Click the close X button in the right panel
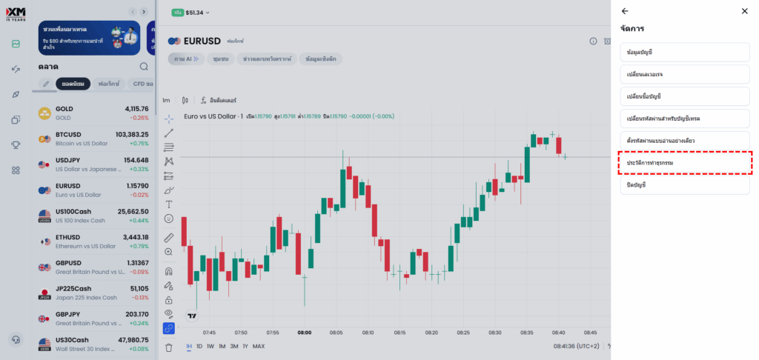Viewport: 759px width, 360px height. click(x=744, y=11)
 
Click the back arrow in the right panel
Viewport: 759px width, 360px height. click(x=625, y=11)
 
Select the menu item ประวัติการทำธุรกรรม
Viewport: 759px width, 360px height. click(x=685, y=162)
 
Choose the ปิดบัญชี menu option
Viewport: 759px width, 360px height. click(x=685, y=184)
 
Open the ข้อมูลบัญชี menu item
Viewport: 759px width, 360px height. click(x=685, y=52)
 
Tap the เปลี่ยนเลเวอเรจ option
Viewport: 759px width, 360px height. click(x=685, y=74)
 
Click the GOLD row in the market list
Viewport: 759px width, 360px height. click(x=93, y=113)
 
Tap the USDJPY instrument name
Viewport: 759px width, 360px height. click(x=69, y=160)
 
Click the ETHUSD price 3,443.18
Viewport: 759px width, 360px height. click(x=131, y=237)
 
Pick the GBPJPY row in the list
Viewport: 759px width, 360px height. click(x=93, y=319)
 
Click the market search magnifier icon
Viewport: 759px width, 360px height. click(x=143, y=67)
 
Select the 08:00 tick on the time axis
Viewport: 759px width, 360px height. click(x=304, y=333)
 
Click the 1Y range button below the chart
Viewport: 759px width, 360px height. click(x=245, y=347)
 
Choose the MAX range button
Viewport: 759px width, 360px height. click(x=259, y=347)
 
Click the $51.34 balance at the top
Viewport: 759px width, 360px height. click(x=195, y=13)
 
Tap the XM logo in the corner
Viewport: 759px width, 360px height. click(x=16, y=13)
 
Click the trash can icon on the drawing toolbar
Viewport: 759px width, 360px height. click(x=169, y=347)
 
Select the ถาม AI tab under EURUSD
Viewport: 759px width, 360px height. click(x=185, y=59)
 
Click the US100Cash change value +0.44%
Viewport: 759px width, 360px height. click(x=138, y=220)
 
